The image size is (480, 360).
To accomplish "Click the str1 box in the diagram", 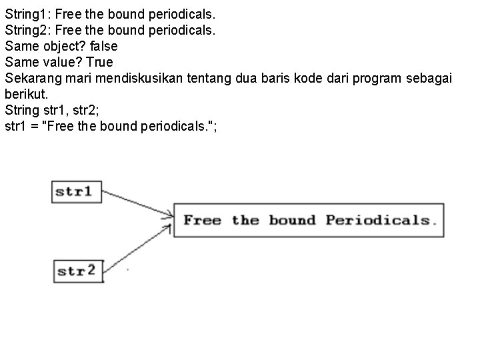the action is click(x=73, y=192).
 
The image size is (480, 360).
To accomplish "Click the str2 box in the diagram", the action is click(x=77, y=271).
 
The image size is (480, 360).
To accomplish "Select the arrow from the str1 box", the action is click(x=137, y=203).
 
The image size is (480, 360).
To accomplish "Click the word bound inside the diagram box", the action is click(x=293, y=220).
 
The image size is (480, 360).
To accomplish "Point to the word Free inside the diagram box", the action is click(x=202, y=220).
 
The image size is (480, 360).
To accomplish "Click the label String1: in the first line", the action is click(x=27, y=13).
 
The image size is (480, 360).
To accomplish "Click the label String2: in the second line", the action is click(x=27, y=29).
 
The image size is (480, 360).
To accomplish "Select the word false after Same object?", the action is click(x=102, y=46).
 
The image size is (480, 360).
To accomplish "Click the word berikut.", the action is click(x=25, y=94).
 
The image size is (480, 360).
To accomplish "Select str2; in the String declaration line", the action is click(x=87, y=110).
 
